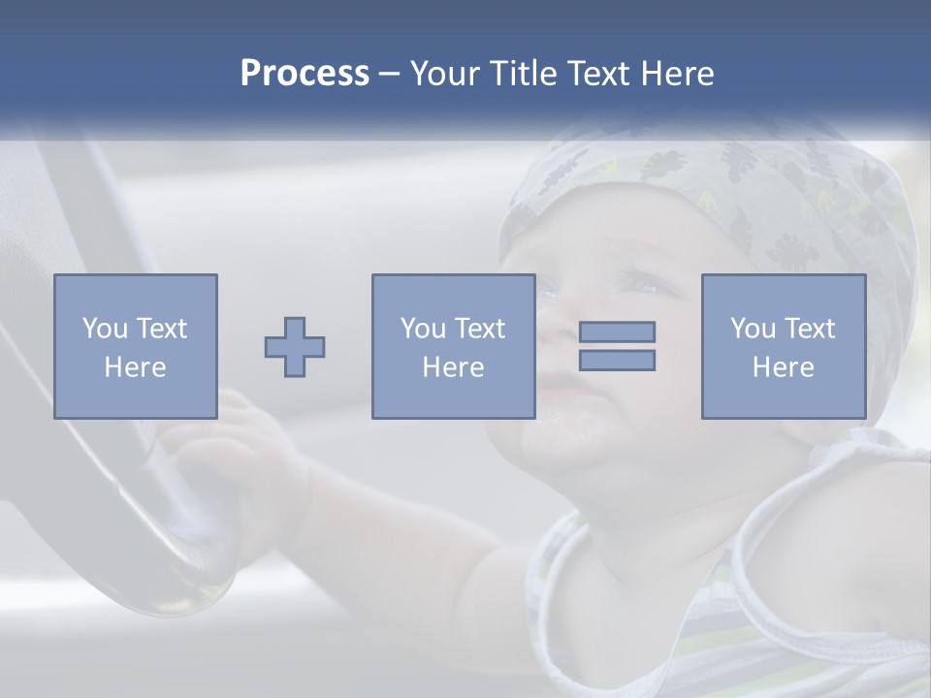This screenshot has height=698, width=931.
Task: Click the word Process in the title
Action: pyautogui.click(x=305, y=74)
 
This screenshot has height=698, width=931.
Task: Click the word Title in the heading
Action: pyautogui.click(x=524, y=74)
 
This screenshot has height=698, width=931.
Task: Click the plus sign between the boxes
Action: pyautogui.click(x=295, y=346)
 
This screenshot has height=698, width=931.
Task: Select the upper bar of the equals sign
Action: pyautogui.click(x=617, y=332)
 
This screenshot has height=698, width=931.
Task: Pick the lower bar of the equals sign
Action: pyautogui.click(x=617, y=361)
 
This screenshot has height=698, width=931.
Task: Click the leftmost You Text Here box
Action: pyautogui.click(x=136, y=346)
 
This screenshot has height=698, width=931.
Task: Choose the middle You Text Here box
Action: pyautogui.click(x=453, y=346)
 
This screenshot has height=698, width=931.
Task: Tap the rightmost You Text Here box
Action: pyautogui.click(x=783, y=346)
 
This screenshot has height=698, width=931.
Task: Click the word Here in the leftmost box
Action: pyautogui.click(x=136, y=367)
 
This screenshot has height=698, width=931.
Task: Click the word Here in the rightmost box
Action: pyautogui.click(x=783, y=367)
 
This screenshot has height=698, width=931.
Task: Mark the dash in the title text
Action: pyautogui.click(x=390, y=74)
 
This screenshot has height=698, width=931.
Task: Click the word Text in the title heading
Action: pyautogui.click(x=595, y=74)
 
